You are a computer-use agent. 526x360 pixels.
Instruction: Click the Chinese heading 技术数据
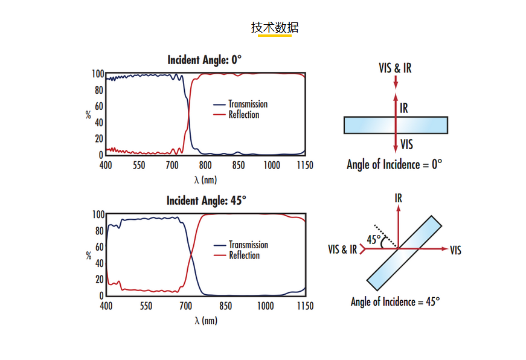tap(275, 28)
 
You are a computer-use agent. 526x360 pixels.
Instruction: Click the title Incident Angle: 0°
tap(204, 60)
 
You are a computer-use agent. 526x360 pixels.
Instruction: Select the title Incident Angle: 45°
tap(206, 201)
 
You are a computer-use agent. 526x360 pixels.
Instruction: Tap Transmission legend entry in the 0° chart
tap(248, 104)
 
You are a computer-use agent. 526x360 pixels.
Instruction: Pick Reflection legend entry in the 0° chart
tap(243, 115)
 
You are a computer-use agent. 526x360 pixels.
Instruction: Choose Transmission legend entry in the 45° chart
tap(248, 245)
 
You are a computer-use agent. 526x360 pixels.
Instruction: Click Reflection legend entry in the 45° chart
tap(244, 256)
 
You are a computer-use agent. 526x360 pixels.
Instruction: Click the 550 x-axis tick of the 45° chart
tap(146, 306)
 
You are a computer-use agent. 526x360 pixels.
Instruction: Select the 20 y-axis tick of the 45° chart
tap(98, 280)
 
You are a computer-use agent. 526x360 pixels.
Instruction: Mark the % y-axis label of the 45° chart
tap(88, 256)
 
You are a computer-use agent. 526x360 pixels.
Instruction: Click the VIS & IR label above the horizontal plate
tap(395, 68)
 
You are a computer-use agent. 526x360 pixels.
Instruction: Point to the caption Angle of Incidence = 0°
tap(394, 164)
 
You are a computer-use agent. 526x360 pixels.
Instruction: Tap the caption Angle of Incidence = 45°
tap(395, 301)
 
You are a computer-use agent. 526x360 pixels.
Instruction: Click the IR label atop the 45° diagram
tap(398, 198)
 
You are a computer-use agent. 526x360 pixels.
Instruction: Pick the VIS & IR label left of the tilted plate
tap(342, 249)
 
